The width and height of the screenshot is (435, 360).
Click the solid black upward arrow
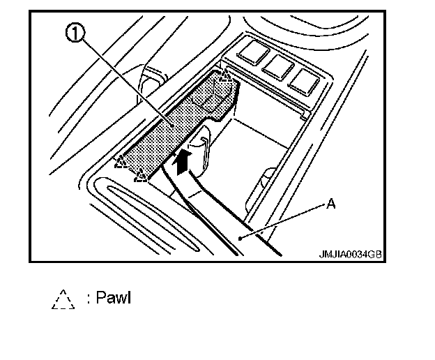182,161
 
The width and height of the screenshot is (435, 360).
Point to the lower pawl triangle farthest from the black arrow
122,163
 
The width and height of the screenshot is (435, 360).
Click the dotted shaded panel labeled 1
174,126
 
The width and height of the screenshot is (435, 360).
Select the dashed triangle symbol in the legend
62,299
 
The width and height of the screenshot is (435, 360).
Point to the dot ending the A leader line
238,239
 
